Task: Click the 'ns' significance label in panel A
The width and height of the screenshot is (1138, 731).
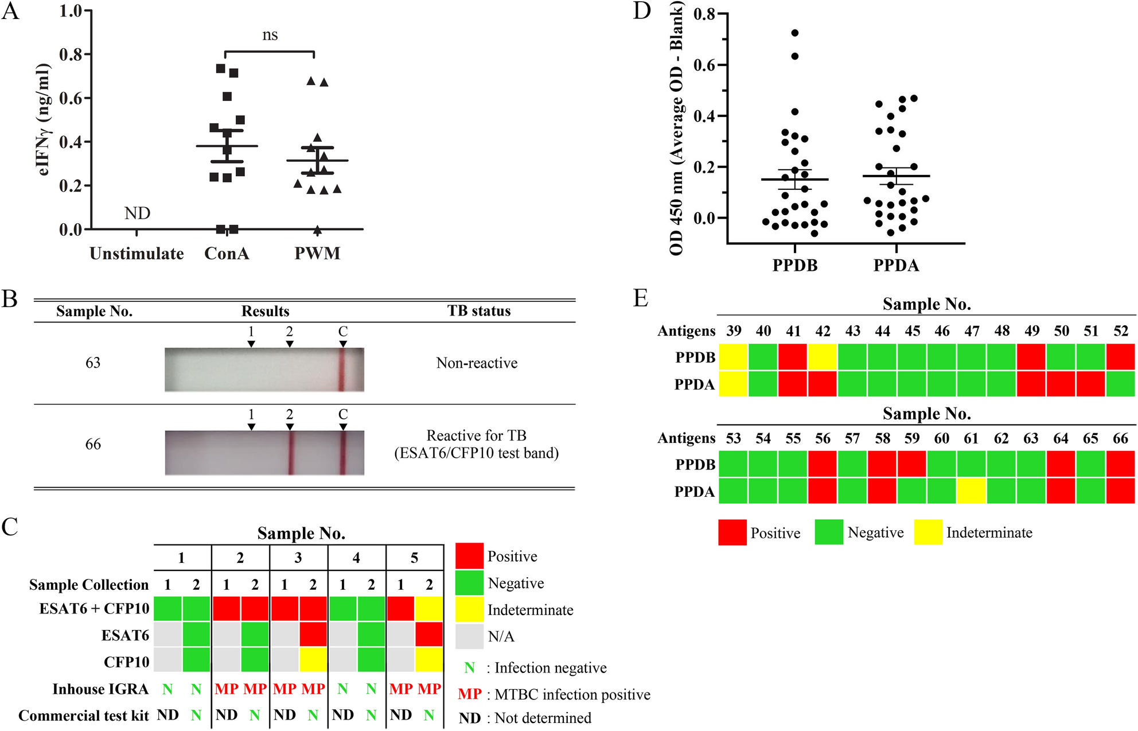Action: coord(270,36)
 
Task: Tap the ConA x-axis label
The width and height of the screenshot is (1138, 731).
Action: coord(227,254)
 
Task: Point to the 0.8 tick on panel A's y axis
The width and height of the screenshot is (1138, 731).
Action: coord(71,55)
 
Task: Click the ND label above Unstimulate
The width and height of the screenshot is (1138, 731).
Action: coord(137,213)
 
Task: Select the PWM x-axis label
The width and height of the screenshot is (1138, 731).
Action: coord(317,254)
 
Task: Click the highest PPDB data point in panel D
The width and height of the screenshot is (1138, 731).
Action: coord(795,33)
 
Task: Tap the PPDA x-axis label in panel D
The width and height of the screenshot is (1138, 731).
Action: coord(896,266)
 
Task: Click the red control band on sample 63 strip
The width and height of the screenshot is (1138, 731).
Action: coord(341,370)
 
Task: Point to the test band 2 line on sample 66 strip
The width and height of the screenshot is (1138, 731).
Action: coord(291,453)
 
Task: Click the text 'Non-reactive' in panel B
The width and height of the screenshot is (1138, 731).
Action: coord(477,363)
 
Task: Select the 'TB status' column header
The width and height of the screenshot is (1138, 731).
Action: coord(479,311)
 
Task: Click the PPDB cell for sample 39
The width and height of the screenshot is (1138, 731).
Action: coord(733,357)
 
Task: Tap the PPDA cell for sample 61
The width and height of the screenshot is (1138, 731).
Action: coord(971,491)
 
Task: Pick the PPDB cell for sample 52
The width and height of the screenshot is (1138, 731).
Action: coord(1120,357)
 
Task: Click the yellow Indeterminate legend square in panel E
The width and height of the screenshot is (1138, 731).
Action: coord(928,532)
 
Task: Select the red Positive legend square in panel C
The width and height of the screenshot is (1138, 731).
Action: coord(469,556)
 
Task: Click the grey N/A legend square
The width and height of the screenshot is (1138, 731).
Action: coord(469,636)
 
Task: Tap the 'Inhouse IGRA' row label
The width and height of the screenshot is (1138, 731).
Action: coord(100,689)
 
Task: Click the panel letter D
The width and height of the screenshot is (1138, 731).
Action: coord(642,11)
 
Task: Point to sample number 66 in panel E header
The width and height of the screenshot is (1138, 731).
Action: coord(1120,439)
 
